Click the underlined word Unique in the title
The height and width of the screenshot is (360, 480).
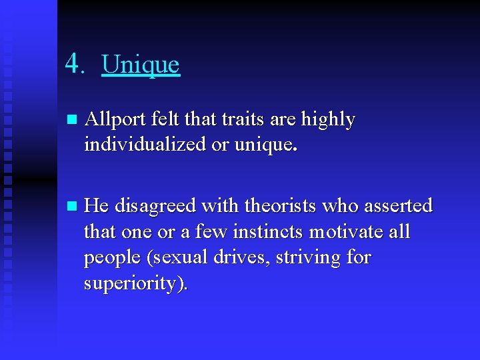tap(141, 65)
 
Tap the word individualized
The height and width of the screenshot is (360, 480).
tap(147, 145)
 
